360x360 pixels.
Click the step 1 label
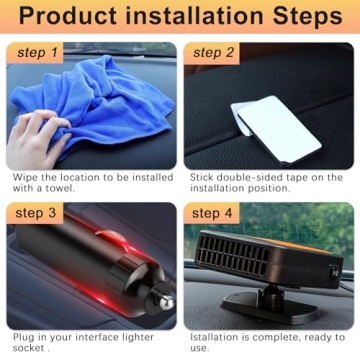click(36, 52)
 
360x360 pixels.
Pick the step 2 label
click(214, 52)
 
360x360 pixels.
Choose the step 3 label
click(36, 213)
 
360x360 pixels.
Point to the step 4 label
click(214, 213)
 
